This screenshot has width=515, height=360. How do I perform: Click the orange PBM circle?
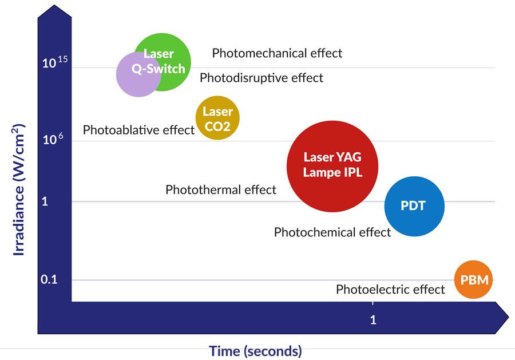(473, 279)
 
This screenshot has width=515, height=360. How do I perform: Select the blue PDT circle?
(414, 206)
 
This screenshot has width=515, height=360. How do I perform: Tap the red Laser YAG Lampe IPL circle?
(332, 166)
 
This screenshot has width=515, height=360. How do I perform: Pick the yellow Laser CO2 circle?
(217, 117)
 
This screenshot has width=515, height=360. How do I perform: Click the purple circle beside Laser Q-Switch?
(138, 74)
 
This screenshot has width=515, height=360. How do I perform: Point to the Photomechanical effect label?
(277, 53)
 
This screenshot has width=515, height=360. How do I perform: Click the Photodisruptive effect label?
(262, 78)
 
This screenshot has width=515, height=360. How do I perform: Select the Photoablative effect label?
(138, 130)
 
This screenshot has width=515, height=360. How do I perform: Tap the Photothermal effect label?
(221, 190)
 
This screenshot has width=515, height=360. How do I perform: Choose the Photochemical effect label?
(332, 232)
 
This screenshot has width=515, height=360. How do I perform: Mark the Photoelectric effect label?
(390, 290)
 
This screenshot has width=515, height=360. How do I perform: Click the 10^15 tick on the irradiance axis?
(55, 62)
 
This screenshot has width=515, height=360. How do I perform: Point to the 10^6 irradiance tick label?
(53, 139)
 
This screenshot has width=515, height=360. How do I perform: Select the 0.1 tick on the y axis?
(49, 279)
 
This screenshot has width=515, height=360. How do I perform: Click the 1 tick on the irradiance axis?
(45, 201)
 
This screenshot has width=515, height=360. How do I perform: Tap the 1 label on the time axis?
(373, 319)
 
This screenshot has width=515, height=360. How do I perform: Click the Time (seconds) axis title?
(255, 351)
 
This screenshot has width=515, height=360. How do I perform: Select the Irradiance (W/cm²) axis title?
(18, 189)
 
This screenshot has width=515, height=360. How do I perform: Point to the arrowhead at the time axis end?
(502, 317)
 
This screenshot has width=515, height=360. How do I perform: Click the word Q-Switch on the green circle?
(159, 69)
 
